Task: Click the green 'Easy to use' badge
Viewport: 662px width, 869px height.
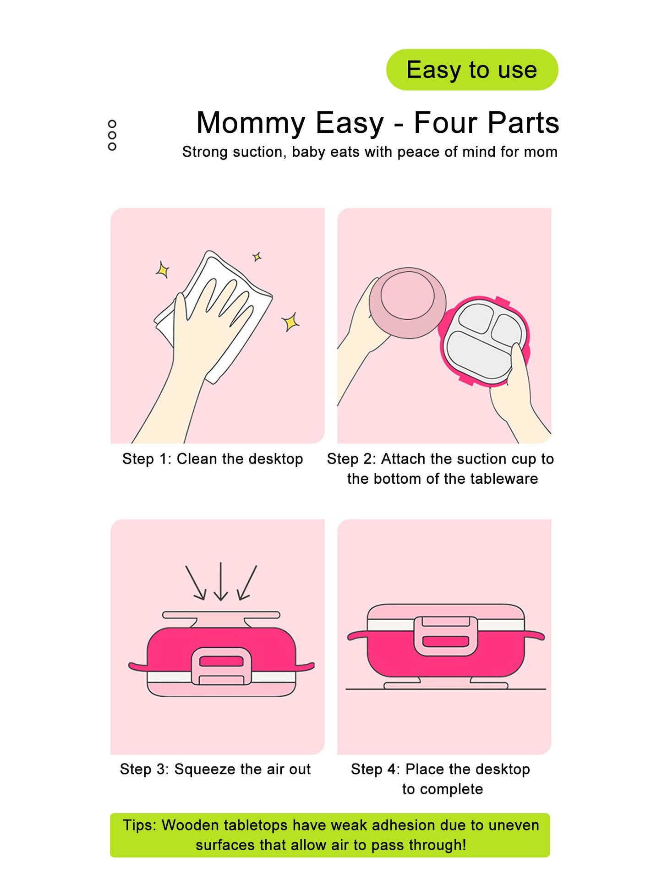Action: (x=472, y=70)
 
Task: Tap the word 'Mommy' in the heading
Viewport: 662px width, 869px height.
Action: (x=251, y=123)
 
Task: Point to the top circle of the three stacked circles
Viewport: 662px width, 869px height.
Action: (x=112, y=124)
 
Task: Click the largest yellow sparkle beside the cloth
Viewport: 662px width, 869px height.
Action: (x=290, y=322)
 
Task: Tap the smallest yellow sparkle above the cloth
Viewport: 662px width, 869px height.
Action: (x=257, y=257)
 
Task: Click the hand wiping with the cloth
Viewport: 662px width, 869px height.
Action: (x=202, y=348)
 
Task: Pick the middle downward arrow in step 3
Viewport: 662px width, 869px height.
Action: (x=221, y=581)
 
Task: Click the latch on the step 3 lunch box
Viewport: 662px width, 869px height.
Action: (x=221, y=667)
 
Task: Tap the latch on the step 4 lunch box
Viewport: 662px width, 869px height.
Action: (x=445, y=636)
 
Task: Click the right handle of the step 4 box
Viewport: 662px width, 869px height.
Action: (x=534, y=636)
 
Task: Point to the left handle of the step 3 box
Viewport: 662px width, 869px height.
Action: (x=138, y=667)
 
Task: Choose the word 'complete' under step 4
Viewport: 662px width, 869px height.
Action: (x=451, y=790)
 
